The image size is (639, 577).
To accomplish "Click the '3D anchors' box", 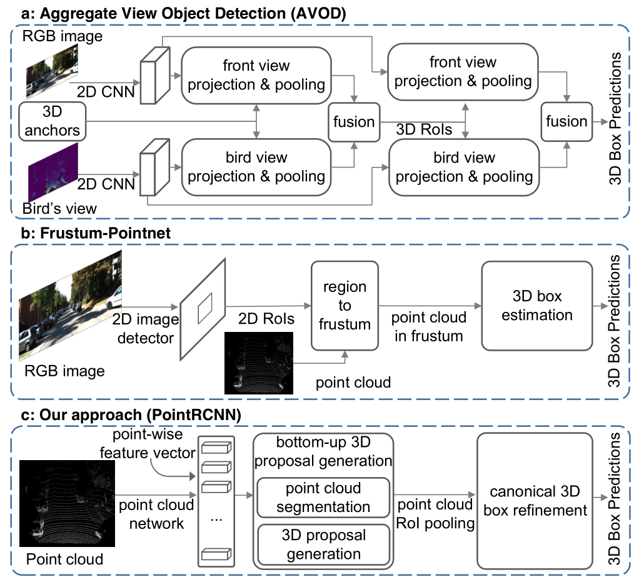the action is click(53, 121).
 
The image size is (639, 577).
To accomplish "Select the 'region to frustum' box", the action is click(345, 306).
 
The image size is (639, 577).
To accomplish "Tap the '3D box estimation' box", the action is click(536, 306).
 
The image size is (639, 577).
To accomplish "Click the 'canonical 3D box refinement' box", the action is click(535, 501).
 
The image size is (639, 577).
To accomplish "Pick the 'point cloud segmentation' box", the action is click(323, 498).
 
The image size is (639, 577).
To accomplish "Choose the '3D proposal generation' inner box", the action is click(324, 544).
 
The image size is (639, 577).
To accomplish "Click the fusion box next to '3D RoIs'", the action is click(354, 122).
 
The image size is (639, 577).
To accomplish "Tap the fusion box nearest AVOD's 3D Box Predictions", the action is click(566, 121).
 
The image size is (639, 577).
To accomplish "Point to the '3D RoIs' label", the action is click(424, 129).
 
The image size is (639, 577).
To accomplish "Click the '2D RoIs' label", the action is click(266, 319).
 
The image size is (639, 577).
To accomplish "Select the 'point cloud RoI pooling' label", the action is click(435, 514).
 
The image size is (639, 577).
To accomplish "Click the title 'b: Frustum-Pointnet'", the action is click(96, 233).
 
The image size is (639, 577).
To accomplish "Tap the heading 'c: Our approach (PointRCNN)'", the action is click(131, 415).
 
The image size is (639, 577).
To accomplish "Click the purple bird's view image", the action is click(53, 173).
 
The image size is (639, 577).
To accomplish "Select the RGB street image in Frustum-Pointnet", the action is click(71, 306).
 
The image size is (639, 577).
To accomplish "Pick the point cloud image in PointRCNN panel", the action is click(68, 503).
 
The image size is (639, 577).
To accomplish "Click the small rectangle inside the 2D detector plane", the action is click(205, 308).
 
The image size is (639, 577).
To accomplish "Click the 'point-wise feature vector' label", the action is click(148, 444).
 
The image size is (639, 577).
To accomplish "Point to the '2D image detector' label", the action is click(146, 328).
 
